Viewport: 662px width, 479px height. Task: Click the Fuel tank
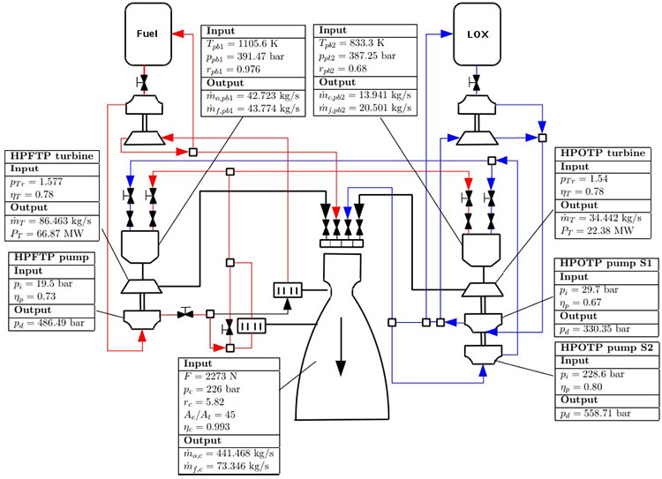tap(147, 34)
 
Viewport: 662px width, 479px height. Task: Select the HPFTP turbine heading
tap(49, 156)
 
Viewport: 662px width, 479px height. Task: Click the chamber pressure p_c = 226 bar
tap(216, 389)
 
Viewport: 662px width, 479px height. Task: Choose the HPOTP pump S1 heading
tap(604, 264)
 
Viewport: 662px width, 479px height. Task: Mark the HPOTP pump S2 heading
tap(604, 348)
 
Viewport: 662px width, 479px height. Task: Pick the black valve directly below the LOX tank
tap(477, 83)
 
